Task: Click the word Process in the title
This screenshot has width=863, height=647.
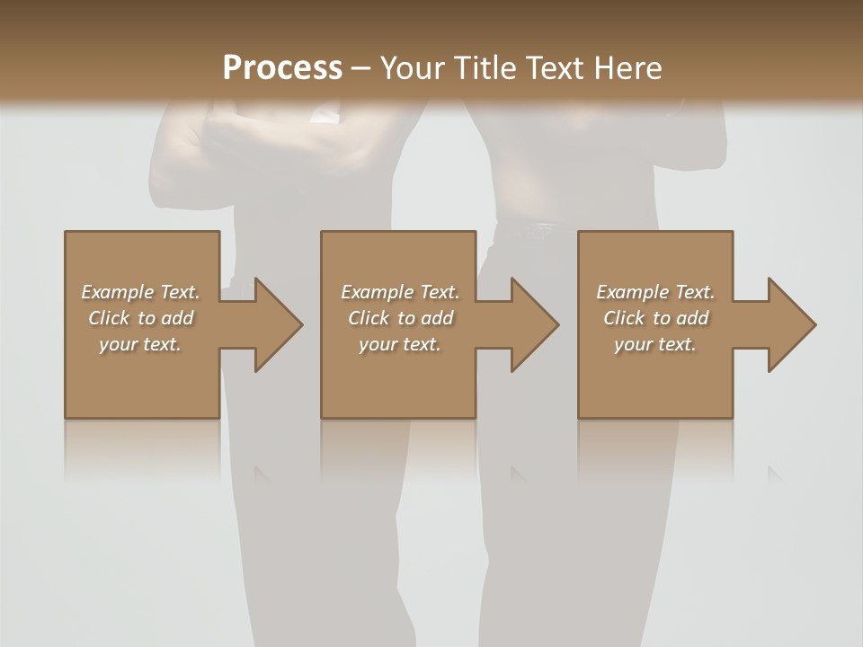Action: pyautogui.click(x=282, y=68)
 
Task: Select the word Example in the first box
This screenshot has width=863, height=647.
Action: pyautogui.click(x=117, y=292)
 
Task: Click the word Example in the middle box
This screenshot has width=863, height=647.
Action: pyautogui.click(x=377, y=292)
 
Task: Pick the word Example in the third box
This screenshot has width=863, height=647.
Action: pyautogui.click(x=632, y=292)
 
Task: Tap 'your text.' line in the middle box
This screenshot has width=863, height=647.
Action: pyautogui.click(x=399, y=344)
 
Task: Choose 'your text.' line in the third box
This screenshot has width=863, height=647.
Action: pyautogui.click(x=654, y=344)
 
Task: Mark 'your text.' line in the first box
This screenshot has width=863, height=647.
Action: pyautogui.click(x=139, y=344)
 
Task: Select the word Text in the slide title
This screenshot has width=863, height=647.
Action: pyautogui.click(x=552, y=68)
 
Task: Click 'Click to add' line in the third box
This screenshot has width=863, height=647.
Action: pyautogui.click(x=655, y=318)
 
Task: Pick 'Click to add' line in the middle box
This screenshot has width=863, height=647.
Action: pyautogui.click(x=400, y=318)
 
